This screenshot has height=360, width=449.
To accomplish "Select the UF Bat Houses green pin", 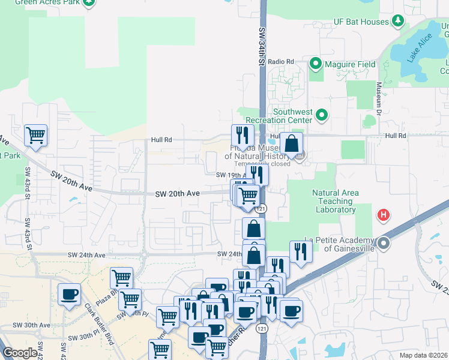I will tap(397, 22).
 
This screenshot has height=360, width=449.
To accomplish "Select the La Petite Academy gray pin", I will tap(385, 244).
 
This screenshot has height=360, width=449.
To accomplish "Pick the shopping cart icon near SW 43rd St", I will tap(35, 135).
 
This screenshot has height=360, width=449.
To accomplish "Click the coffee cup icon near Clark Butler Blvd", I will tap(69, 294).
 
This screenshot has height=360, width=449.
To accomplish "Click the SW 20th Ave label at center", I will tap(177, 194).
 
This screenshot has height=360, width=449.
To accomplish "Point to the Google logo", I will tap(20, 353).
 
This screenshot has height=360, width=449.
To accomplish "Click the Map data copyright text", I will tap(424, 355).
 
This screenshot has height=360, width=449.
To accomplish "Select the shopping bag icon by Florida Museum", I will tap(291, 144).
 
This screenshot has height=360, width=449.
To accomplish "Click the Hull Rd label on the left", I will tap(161, 140).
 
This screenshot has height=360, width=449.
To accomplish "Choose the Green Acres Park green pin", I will tap(89, 2).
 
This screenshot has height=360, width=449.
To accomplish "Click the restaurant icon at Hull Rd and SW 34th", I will tap(243, 134).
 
